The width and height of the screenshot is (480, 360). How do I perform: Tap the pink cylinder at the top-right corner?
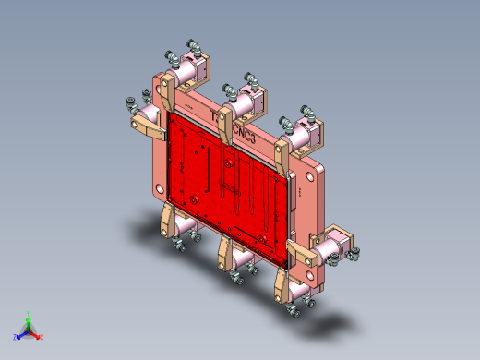(306, 132)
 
